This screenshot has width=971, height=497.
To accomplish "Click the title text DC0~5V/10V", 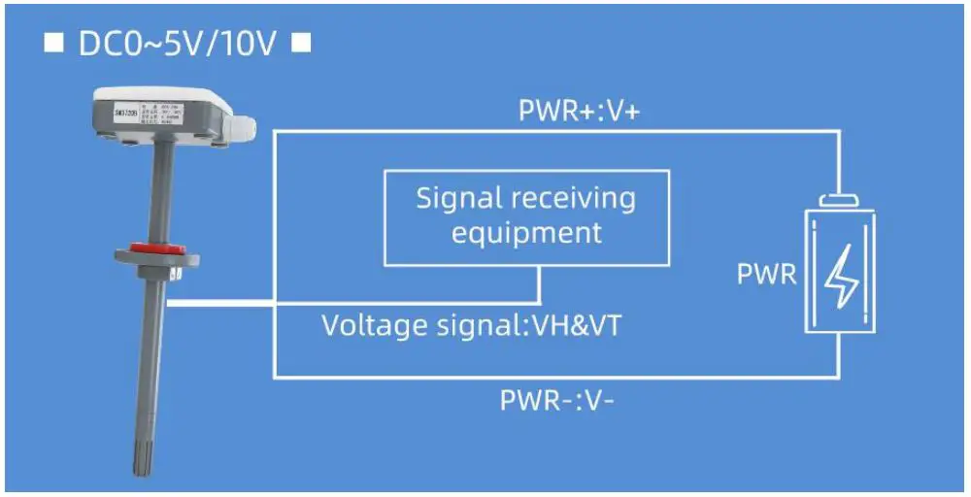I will (179, 46).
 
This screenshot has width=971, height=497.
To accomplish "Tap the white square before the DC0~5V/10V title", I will (54, 45).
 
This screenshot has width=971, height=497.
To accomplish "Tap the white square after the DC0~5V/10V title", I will (302, 45).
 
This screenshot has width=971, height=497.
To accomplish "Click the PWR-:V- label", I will (556, 400).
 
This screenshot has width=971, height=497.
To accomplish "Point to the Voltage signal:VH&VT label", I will (471, 325).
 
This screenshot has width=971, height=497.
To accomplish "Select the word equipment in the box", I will (526, 233).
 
